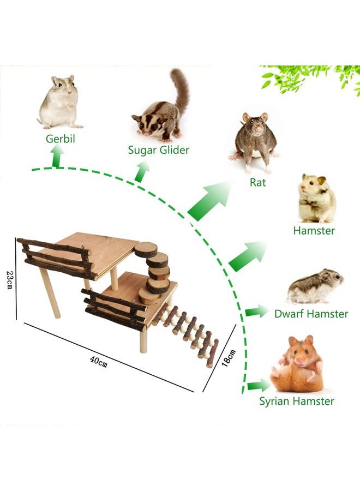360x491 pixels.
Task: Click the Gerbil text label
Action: [x=60, y=139]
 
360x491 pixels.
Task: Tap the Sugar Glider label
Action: [x=159, y=149]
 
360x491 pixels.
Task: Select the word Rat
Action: [x=257, y=182]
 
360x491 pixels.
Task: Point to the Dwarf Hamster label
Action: [x=311, y=314]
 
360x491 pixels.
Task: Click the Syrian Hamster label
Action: [x=297, y=402]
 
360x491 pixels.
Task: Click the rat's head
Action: [x=254, y=125]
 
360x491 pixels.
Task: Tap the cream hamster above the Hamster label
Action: [x=316, y=199]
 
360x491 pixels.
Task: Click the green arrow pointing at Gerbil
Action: [x=56, y=159]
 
